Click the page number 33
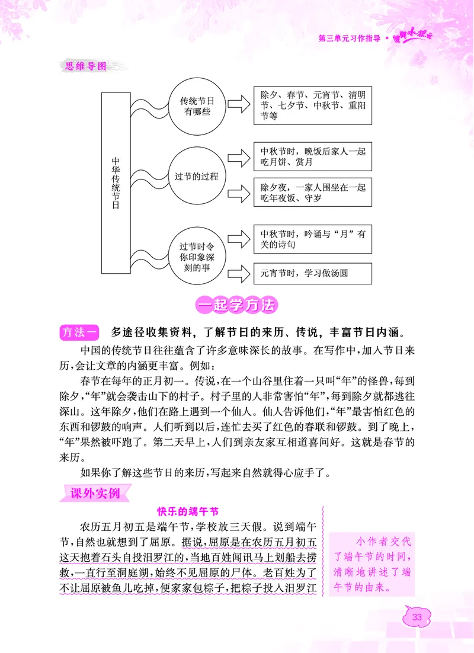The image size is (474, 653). [417, 617]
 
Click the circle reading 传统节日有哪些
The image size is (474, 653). [196, 106]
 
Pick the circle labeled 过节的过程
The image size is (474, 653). [197, 176]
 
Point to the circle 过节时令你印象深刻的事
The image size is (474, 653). [196, 255]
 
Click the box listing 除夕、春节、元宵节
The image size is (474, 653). [312, 106]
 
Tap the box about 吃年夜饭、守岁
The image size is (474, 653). [312, 192]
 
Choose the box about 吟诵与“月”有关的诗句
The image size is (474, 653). [312, 239]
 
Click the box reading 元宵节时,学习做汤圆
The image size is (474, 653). [312, 273]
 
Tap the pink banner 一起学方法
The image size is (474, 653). [236, 306]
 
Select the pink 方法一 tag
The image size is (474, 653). [81, 332]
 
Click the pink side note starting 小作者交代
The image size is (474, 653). [372, 564]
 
